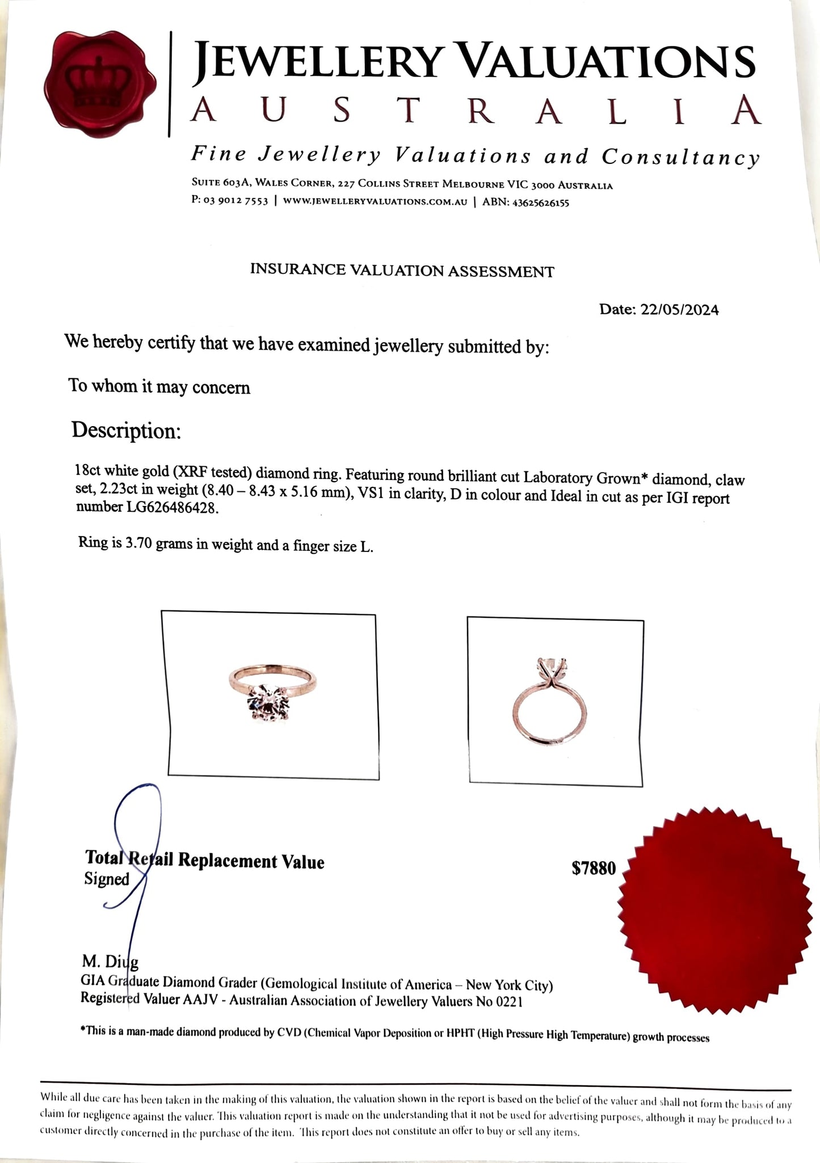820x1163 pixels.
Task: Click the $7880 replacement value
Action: click(594, 868)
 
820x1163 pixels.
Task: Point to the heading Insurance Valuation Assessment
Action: click(402, 270)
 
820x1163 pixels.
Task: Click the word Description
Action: click(126, 431)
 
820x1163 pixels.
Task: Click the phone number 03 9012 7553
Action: click(235, 203)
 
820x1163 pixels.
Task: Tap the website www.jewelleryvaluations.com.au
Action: click(375, 203)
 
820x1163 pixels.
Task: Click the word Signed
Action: click(107, 879)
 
